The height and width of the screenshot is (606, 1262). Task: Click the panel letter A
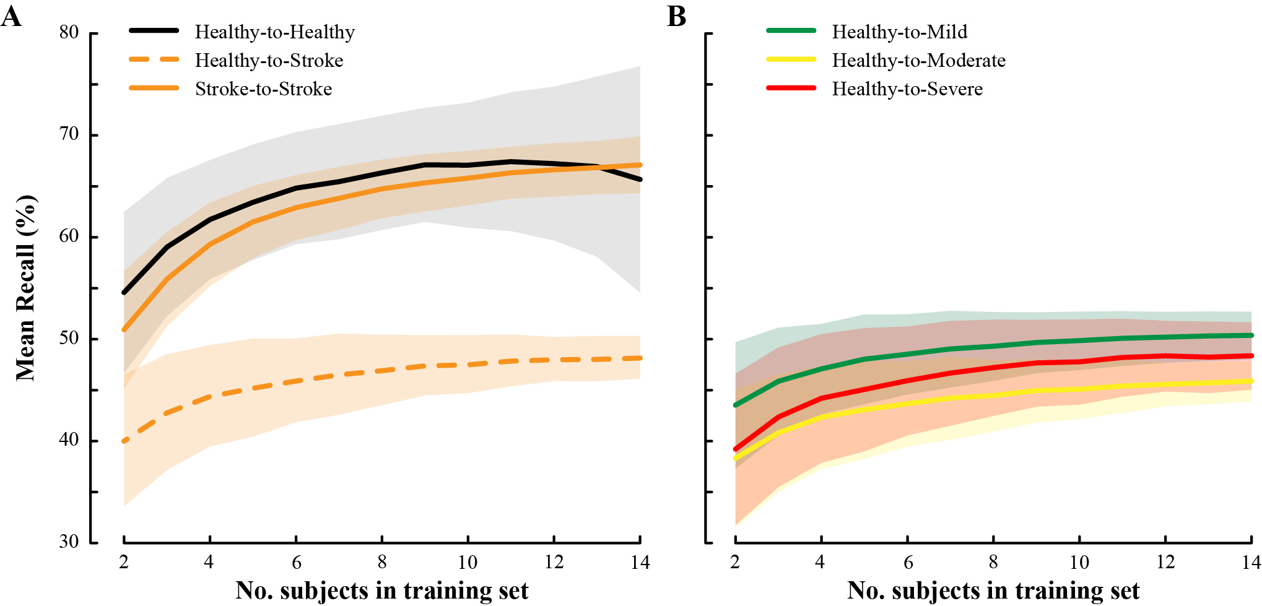click(11, 17)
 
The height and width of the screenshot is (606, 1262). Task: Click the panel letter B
click(676, 17)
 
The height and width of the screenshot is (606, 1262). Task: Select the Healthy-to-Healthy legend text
click(274, 32)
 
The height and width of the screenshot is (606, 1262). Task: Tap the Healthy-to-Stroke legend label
click(269, 61)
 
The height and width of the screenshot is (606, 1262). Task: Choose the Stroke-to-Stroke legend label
click(263, 89)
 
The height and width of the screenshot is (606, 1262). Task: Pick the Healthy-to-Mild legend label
click(899, 32)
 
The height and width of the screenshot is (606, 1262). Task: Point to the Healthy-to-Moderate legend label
click(918, 61)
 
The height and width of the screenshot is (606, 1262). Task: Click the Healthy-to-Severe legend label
click(907, 89)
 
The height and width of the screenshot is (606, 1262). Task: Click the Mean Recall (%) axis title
click(26, 288)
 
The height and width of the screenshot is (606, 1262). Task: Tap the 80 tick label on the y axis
click(69, 32)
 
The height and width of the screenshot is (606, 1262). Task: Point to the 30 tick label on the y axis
click(69, 542)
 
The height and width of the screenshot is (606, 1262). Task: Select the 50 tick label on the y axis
click(69, 338)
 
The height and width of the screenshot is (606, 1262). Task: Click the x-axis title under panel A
click(381, 591)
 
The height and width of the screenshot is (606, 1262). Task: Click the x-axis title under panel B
click(993, 591)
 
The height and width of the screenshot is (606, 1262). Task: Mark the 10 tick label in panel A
click(468, 562)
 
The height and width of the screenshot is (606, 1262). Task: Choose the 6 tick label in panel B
click(908, 562)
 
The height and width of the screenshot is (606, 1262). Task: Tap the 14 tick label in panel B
click(1251, 562)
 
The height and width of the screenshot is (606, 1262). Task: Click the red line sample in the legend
click(791, 88)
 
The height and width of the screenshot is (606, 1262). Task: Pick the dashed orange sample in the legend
click(154, 60)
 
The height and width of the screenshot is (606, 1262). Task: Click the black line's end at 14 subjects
click(639, 180)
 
